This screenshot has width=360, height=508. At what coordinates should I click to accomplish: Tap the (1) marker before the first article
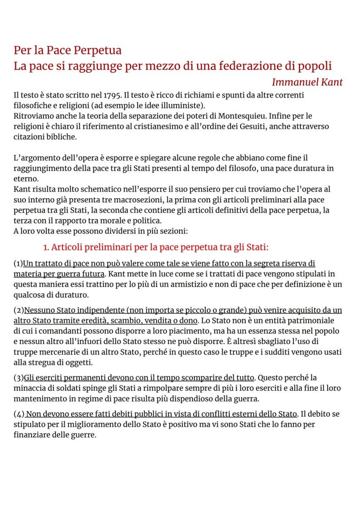point(18,264)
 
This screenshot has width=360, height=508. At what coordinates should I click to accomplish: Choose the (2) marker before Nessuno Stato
point(19,310)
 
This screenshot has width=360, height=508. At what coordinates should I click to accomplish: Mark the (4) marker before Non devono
point(19,414)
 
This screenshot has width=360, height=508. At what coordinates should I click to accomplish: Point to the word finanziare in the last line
point(33,435)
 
